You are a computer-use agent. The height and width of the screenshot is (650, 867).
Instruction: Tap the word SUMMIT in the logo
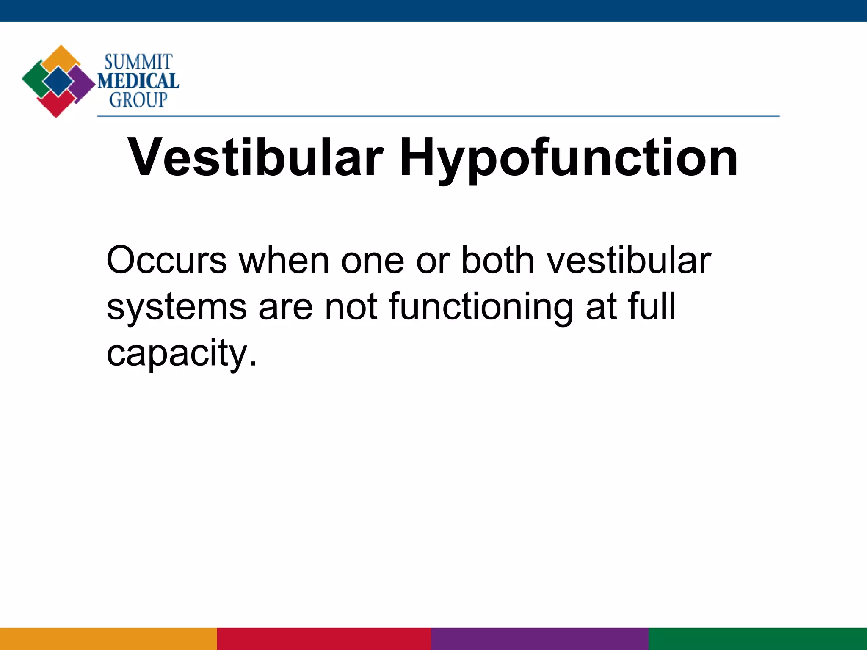pyautogui.click(x=138, y=63)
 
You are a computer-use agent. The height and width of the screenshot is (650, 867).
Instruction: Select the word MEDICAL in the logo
pyautogui.click(x=138, y=81)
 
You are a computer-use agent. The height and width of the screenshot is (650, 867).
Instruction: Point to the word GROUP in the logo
pyautogui.click(x=138, y=100)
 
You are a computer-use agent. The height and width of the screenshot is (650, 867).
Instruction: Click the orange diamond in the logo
pyautogui.click(x=62, y=58)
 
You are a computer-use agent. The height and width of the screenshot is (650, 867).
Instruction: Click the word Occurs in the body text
pyautogui.click(x=166, y=260)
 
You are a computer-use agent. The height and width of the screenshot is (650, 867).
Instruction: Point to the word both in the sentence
pyautogui.click(x=497, y=260)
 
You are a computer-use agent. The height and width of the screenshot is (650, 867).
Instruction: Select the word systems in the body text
pyautogui.click(x=177, y=307)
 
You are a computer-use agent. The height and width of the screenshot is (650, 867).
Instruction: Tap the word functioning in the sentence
pyautogui.click(x=481, y=307)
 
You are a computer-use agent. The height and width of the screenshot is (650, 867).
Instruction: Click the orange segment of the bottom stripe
pyautogui.click(x=108, y=639)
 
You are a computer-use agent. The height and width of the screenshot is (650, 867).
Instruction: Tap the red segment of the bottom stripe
pyautogui.click(x=324, y=639)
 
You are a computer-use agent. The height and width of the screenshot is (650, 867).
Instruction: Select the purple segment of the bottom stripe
pyautogui.click(x=540, y=639)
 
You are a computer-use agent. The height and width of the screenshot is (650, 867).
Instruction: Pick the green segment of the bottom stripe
pyautogui.click(x=758, y=639)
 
